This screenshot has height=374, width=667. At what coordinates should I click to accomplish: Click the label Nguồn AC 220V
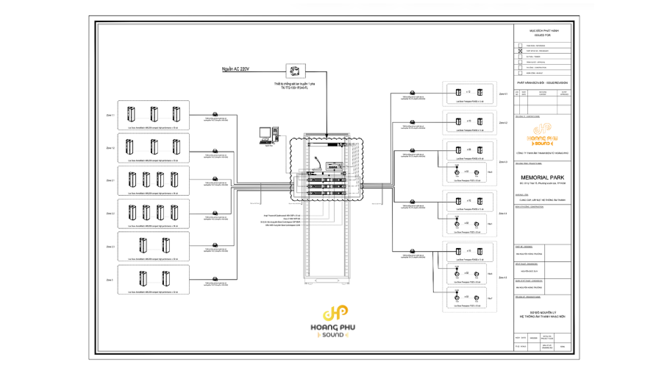coord(236,69)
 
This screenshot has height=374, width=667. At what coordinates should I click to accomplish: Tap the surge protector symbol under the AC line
coord(295,71)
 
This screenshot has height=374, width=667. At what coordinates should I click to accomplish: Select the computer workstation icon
coord(268,134)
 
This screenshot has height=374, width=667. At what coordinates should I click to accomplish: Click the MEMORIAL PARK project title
coord(543,177)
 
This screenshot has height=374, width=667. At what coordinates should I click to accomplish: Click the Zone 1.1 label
coord(110,116)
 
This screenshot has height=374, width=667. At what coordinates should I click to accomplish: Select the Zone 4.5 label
coord(503,277)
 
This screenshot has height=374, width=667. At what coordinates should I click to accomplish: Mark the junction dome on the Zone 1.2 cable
coord(215,150)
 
